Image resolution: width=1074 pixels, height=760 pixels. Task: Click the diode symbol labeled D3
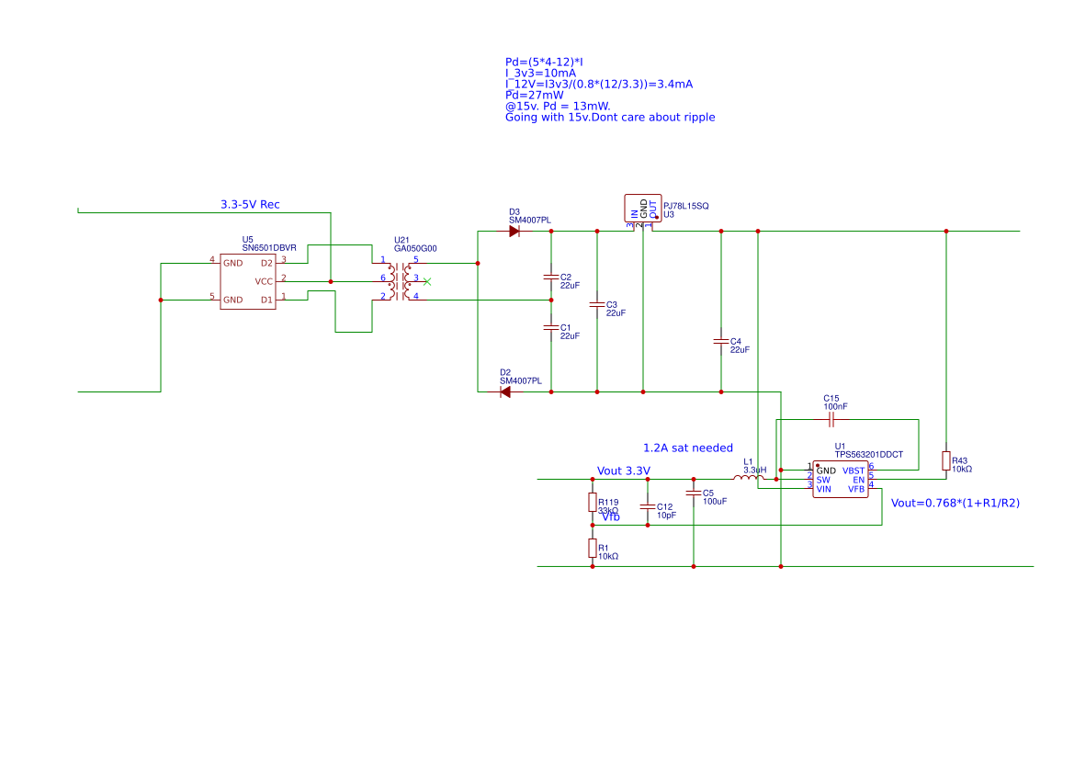click(x=514, y=232)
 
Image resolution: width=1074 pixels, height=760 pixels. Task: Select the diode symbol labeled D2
click(x=504, y=392)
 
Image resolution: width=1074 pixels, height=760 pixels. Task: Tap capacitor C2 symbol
click(x=551, y=277)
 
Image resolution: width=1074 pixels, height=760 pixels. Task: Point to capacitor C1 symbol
click(x=551, y=327)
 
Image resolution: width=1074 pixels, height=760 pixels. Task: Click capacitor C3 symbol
click(x=597, y=304)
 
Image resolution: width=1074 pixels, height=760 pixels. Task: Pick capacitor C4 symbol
click(x=721, y=341)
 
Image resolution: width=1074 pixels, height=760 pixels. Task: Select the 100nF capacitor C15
click(x=831, y=420)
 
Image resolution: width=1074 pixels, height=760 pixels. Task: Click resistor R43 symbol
click(x=946, y=460)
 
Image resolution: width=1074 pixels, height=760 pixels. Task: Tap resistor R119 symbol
click(x=593, y=503)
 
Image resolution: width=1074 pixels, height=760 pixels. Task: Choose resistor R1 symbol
click(x=593, y=549)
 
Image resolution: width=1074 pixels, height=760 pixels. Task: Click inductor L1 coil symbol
click(x=748, y=478)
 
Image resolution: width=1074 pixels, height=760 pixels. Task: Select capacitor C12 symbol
click(x=648, y=506)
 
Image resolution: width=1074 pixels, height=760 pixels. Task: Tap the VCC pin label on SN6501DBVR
click(x=264, y=281)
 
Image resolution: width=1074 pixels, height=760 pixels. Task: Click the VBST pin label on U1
click(x=853, y=471)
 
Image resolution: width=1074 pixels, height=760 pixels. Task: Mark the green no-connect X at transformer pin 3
click(x=426, y=281)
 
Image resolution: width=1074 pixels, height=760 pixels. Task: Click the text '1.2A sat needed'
click(x=687, y=448)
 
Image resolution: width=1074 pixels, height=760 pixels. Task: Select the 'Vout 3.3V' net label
click(x=623, y=471)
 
